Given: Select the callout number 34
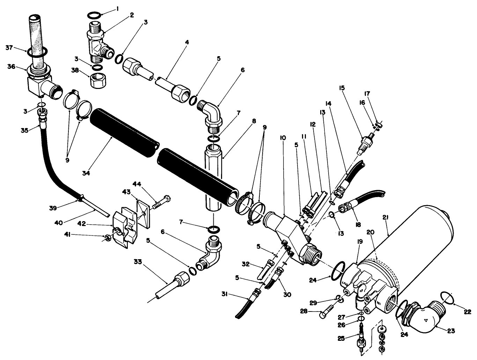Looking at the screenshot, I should point(86,173).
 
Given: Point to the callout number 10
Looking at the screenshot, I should point(282,138).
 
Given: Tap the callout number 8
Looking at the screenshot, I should point(254,121).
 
